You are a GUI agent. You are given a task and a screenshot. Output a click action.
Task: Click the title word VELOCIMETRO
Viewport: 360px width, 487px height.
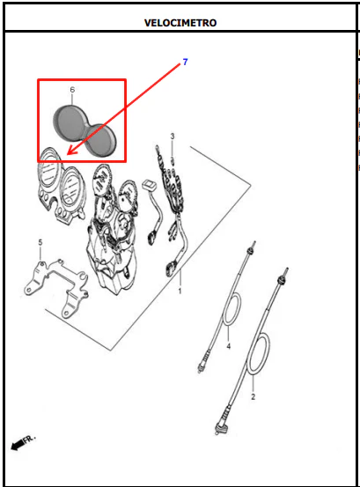coord(180,23)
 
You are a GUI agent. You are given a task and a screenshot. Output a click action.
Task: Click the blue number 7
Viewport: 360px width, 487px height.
coord(185,63)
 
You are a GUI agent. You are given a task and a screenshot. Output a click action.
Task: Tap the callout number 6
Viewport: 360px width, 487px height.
coord(72,90)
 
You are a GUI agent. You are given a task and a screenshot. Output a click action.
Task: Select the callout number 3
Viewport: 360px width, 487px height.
coord(173,136)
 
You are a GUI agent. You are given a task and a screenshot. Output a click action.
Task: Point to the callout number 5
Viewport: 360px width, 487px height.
coord(40,242)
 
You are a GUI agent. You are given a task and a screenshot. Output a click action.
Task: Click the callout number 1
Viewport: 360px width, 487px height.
coord(180,291)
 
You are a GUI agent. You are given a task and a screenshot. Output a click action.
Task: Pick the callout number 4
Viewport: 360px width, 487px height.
coord(229,346)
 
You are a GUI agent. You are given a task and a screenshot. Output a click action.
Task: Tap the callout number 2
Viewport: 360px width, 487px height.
coord(253,396)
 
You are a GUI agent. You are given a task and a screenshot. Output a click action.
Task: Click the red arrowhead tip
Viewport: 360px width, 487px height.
coord(68,154)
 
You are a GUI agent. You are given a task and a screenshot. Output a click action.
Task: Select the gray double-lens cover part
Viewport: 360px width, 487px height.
coord(84,130)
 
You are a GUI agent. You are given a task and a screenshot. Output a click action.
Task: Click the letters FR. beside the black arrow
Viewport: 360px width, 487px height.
coord(30,439)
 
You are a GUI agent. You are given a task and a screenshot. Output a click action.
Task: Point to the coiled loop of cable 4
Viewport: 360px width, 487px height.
coord(232,309)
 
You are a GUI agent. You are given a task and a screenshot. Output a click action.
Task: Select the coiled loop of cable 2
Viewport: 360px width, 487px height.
coord(258,354)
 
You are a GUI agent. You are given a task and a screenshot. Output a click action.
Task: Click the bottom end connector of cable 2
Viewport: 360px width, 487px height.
coord(221,424)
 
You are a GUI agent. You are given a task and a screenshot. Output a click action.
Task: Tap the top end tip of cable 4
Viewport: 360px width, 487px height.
coord(254,242)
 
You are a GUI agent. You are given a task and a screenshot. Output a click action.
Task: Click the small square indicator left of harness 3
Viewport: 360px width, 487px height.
coord(150,186)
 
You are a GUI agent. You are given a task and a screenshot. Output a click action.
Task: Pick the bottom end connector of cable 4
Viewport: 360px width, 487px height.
coord(203,363)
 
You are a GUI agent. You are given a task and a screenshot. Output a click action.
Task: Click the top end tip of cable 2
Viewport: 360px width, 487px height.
coord(287,269)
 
